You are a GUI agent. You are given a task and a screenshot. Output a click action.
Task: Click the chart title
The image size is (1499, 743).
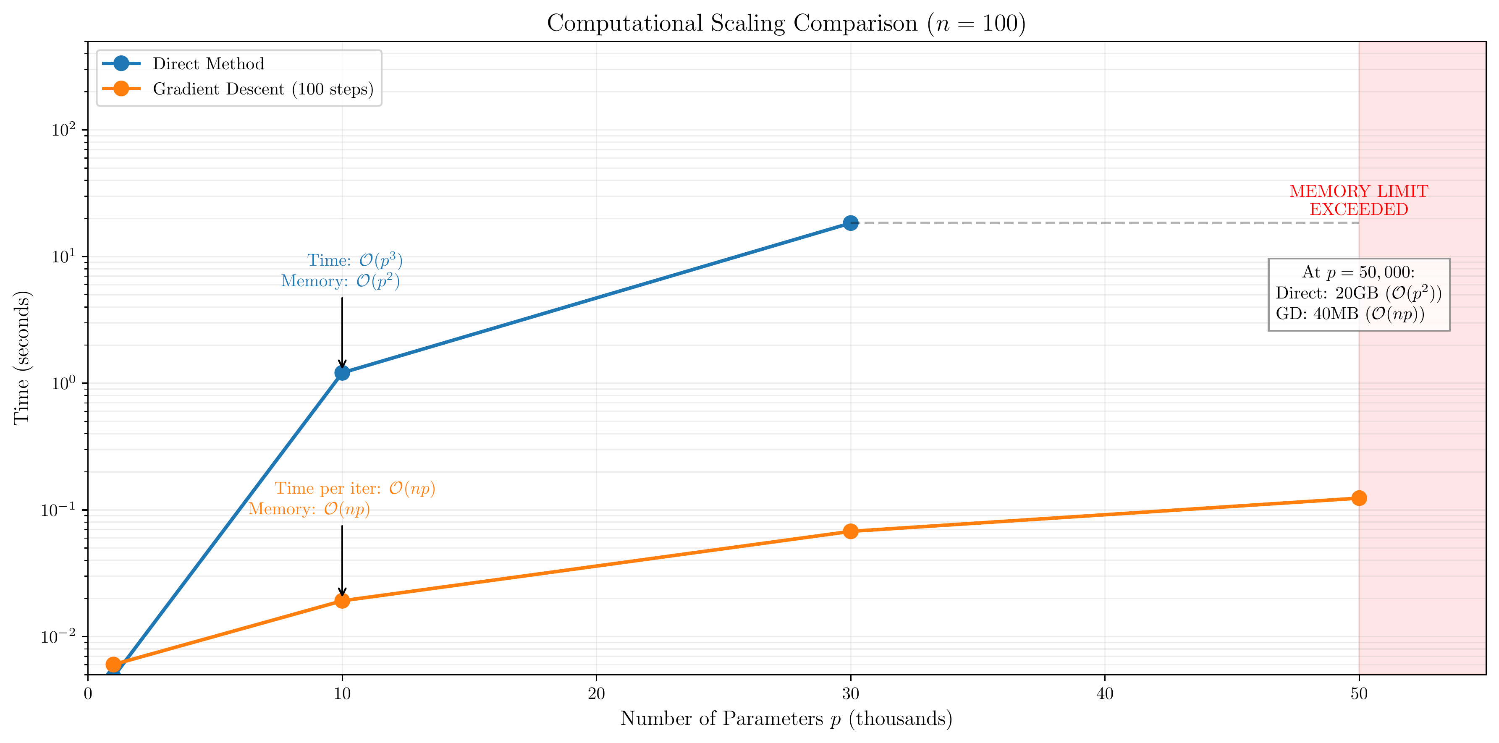[x=786, y=23]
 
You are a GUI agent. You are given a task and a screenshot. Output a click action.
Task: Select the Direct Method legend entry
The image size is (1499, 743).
[x=208, y=63]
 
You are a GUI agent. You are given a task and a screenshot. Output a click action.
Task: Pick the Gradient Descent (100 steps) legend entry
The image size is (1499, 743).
[x=262, y=89]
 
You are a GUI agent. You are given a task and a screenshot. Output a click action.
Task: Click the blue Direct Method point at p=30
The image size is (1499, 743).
[x=850, y=223]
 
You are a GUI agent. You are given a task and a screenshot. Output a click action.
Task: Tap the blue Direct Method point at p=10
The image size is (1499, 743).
[x=342, y=372]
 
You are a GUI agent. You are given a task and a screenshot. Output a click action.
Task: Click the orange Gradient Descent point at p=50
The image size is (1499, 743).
[x=1359, y=498]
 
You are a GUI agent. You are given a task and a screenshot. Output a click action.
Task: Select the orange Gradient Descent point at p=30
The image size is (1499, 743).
[x=850, y=531]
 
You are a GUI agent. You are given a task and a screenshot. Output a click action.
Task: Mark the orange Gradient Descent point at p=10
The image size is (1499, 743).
[x=342, y=600]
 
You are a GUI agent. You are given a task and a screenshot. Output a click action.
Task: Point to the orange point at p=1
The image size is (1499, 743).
[x=113, y=665]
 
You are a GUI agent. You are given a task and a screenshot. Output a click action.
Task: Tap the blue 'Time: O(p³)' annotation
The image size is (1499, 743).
[x=354, y=260]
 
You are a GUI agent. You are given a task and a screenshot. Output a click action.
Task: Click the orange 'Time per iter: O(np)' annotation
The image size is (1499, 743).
[x=354, y=488]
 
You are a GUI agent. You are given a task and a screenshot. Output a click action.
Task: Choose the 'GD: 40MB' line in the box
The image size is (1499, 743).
[x=1350, y=314]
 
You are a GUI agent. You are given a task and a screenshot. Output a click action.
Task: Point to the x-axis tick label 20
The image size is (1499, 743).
[x=596, y=693]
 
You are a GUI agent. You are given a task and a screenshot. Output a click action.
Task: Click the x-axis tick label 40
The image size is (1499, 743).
[x=1104, y=693]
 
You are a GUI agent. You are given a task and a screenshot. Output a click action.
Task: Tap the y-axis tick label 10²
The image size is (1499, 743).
[x=63, y=129]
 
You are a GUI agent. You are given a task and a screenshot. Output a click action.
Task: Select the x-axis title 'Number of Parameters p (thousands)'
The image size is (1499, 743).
[x=786, y=719]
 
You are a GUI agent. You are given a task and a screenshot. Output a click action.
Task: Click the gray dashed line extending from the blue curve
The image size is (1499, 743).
[x=1106, y=223]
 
